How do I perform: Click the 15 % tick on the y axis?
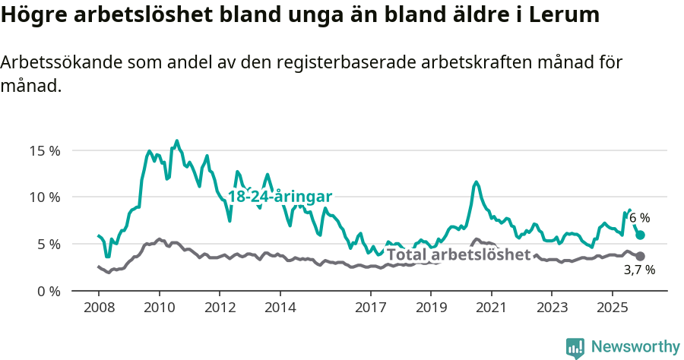click(x=45, y=150)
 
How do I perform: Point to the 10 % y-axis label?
click(x=45, y=197)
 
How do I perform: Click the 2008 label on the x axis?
click(x=99, y=308)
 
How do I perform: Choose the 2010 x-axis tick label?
click(x=160, y=308)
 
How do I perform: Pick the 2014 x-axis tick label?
click(x=280, y=308)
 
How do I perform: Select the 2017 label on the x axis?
click(x=370, y=308)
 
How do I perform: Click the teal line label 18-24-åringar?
click(x=280, y=197)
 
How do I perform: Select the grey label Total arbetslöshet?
click(x=458, y=254)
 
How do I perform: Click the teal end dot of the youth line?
click(x=640, y=235)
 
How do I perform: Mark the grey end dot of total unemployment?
click(x=640, y=257)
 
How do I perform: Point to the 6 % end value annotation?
click(x=639, y=219)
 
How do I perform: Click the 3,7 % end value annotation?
click(x=639, y=270)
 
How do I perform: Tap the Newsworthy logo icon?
click(x=575, y=348)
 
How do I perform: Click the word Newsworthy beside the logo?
click(x=635, y=347)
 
